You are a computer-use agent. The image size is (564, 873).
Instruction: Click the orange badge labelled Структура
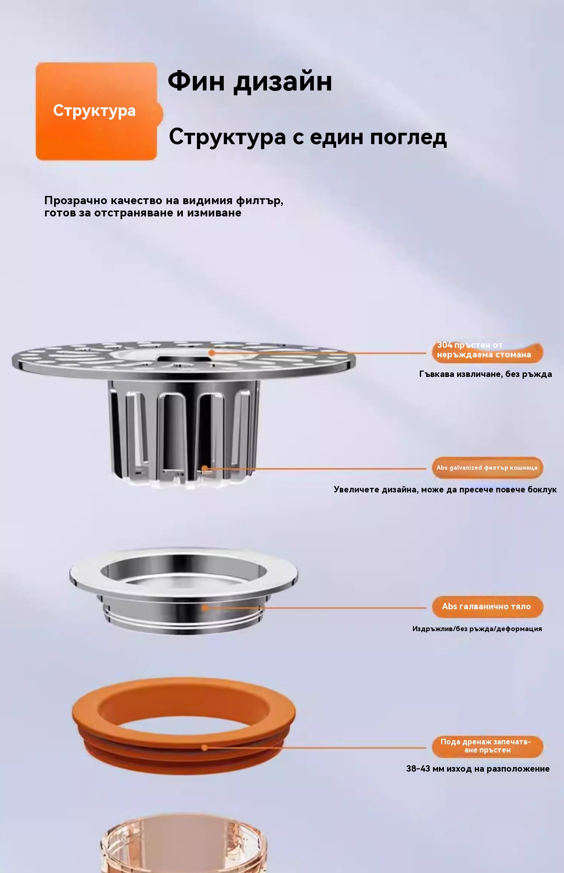[x=96, y=111]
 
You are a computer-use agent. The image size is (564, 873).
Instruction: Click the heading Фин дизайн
[x=250, y=81]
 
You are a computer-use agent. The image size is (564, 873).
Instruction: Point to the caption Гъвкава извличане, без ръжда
[x=485, y=374]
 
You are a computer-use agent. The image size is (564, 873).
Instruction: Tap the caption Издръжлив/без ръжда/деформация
[x=477, y=629]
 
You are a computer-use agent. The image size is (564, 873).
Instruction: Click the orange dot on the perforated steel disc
[x=212, y=352]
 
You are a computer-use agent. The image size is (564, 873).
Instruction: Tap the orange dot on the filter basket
[x=205, y=468]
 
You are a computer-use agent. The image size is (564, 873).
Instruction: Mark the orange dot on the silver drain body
[x=205, y=607]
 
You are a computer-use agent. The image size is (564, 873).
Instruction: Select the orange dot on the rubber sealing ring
[x=205, y=748]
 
